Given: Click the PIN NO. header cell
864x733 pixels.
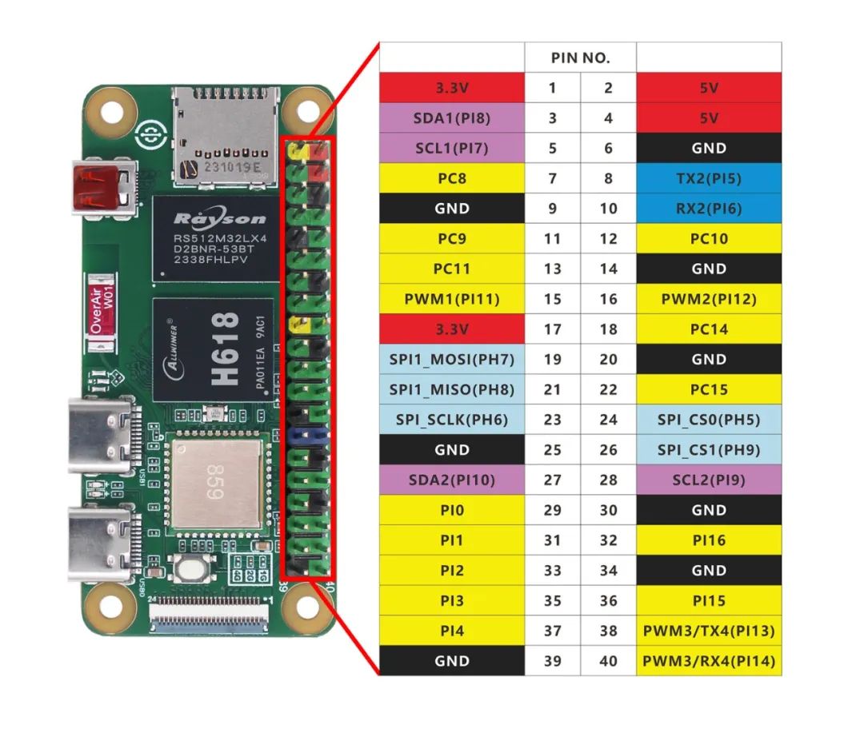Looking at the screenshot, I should pyautogui.click(x=580, y=58).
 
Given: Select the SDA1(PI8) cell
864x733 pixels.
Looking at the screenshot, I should pyautogui.click(x=451, y=118).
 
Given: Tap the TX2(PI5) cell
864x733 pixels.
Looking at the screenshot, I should pyautogui.click(x=709, y=178).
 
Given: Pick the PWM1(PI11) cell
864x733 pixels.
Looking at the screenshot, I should pyautogui.click(x=451, y=299).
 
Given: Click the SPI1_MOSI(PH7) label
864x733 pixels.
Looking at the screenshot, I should pyautogui.click(x=451, y=360).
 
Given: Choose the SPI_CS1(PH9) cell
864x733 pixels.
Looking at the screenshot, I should pyautogui.click(x=709, y=450).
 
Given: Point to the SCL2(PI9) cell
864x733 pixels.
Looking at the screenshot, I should pyautogui.click(x=709, y=480).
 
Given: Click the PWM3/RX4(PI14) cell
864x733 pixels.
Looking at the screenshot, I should pyautogui.click(x=709, y=661).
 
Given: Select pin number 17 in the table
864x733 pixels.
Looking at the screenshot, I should pyautogui.click(x=552, y=329).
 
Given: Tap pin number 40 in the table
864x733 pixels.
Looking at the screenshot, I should pyautogui.click(x=608, y=661).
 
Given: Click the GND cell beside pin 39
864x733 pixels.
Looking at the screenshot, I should pyautogui.click(x=451, y=661).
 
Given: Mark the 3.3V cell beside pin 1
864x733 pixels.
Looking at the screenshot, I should pyautogui.click(x=451, y=88).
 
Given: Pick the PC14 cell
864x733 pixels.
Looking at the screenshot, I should pyautogui.click(x=709, y=329).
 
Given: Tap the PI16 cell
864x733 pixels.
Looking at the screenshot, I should pyautogui.click(x=709, y=540).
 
